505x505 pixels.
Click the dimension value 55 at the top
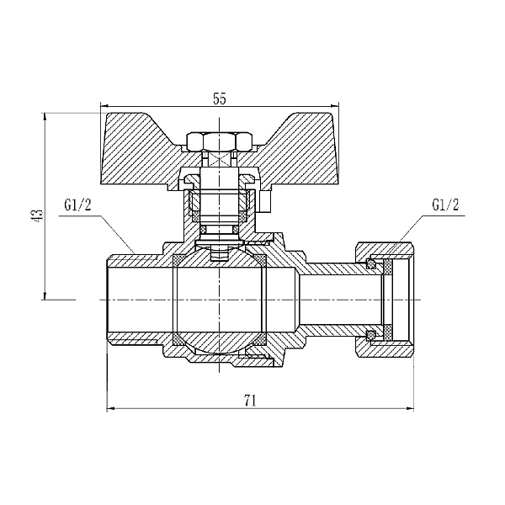pos(219,99)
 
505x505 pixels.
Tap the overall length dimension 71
pos(250,401)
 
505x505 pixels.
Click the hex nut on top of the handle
pos(220,140)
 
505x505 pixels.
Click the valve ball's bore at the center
pos(221,300)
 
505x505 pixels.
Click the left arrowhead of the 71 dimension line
pos(110,410)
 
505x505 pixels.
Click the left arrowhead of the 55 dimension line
pos(104,108)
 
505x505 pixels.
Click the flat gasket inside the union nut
pos(388,300)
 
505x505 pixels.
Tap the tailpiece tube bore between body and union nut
pos(337,300)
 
